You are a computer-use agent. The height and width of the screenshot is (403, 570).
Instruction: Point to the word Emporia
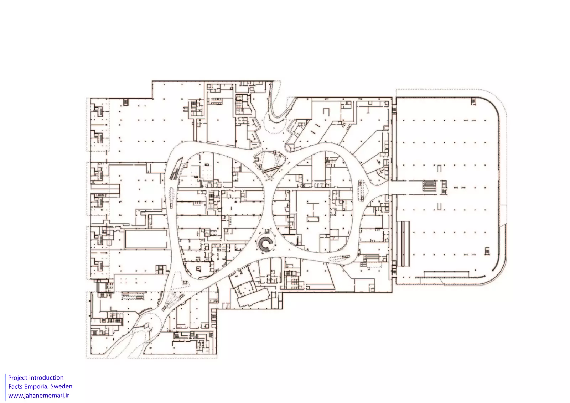(36, 387)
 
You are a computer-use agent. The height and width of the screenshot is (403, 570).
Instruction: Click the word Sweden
(61, 386)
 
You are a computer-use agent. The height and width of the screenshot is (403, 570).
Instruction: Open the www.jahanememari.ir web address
(39, 396)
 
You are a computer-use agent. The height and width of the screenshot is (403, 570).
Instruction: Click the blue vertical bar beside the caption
(5, 387)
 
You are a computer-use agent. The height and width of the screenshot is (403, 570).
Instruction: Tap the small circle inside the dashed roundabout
(147, 325)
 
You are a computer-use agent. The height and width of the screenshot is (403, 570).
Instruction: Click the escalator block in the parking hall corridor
(430, 186)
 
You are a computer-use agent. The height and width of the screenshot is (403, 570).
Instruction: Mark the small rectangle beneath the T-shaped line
(313, 219)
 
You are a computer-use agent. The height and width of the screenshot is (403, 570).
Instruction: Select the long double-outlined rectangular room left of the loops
(146, 239)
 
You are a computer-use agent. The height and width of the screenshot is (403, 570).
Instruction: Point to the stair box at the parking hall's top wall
(473, 101)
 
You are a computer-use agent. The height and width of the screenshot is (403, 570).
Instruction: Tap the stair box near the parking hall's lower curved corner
(487, 251)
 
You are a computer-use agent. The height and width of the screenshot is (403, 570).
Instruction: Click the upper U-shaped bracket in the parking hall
(439, 168)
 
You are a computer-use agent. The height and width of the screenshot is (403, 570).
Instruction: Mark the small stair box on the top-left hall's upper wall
(125, 102)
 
